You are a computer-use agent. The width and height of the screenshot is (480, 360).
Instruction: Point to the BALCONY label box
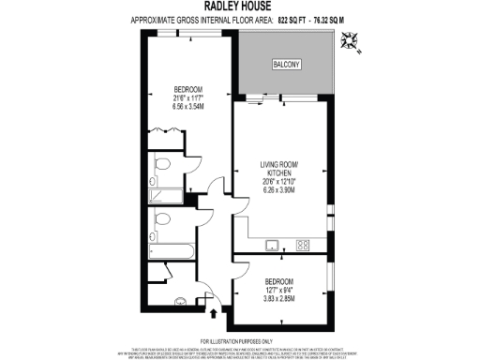pos(287,65)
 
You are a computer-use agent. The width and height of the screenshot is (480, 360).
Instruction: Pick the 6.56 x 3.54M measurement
pos(187,106)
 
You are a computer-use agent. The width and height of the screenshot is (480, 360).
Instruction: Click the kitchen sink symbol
pos(271,246)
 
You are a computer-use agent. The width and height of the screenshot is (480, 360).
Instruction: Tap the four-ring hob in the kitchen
pos(303,246)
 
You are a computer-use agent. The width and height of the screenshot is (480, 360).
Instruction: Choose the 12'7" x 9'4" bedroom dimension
pos(279,290)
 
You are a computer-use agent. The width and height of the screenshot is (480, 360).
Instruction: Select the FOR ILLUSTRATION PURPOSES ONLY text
pos(240,341)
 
